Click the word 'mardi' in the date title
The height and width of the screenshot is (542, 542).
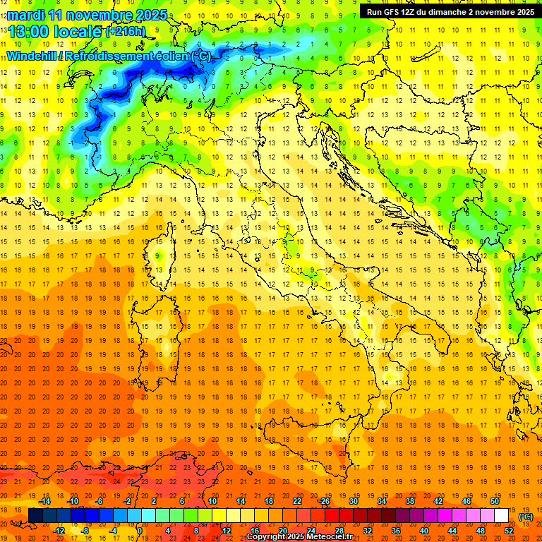click(25, 14)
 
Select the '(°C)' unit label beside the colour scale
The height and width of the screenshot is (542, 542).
click(526, 517)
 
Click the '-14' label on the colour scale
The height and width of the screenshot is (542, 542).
click(45, 501)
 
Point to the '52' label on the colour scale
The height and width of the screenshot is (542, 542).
click(509, 531)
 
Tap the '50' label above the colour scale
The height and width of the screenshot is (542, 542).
click(495, 501)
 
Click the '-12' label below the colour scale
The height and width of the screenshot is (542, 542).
click(59, 531)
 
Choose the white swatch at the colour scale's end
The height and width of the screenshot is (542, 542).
click(501, 516)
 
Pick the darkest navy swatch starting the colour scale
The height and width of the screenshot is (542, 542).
click(35, 516)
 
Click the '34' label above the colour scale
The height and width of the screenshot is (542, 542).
click(382, 501)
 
